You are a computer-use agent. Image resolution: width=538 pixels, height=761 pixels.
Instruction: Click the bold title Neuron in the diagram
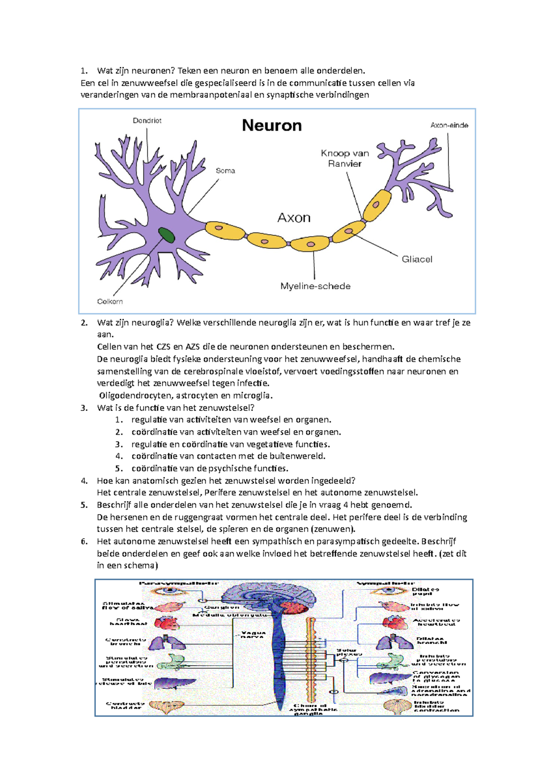click(x=272, y=125)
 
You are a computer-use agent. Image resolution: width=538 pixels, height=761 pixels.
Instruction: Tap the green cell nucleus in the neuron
click(x=166, y=235)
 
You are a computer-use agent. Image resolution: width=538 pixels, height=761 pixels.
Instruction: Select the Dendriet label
click(x=147, y=121)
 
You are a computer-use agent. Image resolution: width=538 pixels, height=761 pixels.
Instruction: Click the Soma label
click(x=225, y=171)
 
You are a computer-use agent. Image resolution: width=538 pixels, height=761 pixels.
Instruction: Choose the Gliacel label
click(x=417, y=259)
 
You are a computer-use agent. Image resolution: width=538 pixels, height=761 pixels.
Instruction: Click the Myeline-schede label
click(x=315, y=286)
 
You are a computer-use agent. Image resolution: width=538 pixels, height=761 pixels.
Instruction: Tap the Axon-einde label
click(x=449, y=125)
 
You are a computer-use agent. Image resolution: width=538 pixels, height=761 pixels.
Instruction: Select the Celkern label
click(x=110, y=302)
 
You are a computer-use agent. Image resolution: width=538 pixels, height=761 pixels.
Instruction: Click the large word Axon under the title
click(x=294, y=218)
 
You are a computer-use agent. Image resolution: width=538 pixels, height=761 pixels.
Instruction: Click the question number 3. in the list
click(x=84, y=408)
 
